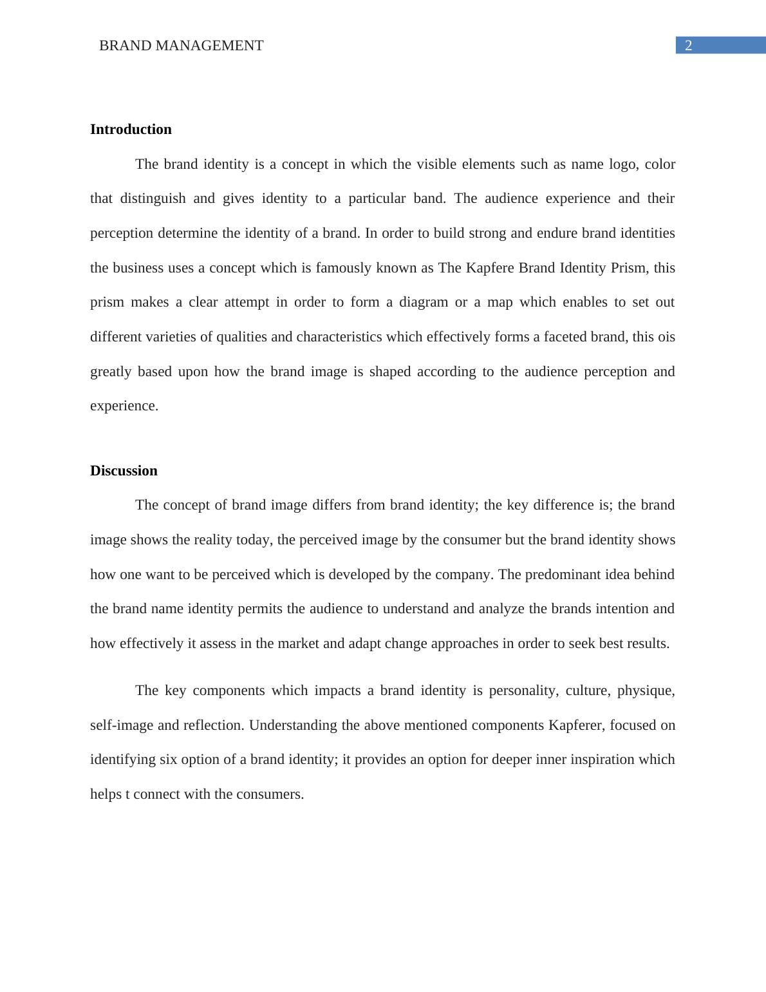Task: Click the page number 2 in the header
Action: click(x=688, y=46)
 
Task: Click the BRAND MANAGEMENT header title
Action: click(x=181, y=46)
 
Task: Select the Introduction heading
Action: click(x=131, y=129)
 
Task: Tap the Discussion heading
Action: click(x=124, y=471)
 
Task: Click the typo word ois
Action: click(x=666, y=337)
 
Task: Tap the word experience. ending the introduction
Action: click(x=124, y=406)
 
